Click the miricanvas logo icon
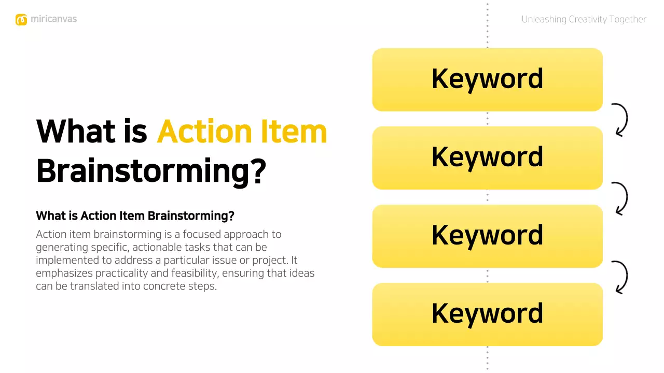click(21, 20)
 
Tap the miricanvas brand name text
click(53, 19)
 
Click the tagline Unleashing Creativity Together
click(584, 20)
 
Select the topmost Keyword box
click(487, 79)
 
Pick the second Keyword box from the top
click(487, 157)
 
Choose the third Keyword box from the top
click(487, 236)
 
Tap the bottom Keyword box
click(487, 314)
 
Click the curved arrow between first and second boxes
click(620, 120)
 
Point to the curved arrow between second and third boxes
click(620, 198)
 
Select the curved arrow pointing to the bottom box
click(620, 277)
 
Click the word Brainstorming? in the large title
click(151, 171)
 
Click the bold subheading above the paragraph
click(135, 216)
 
